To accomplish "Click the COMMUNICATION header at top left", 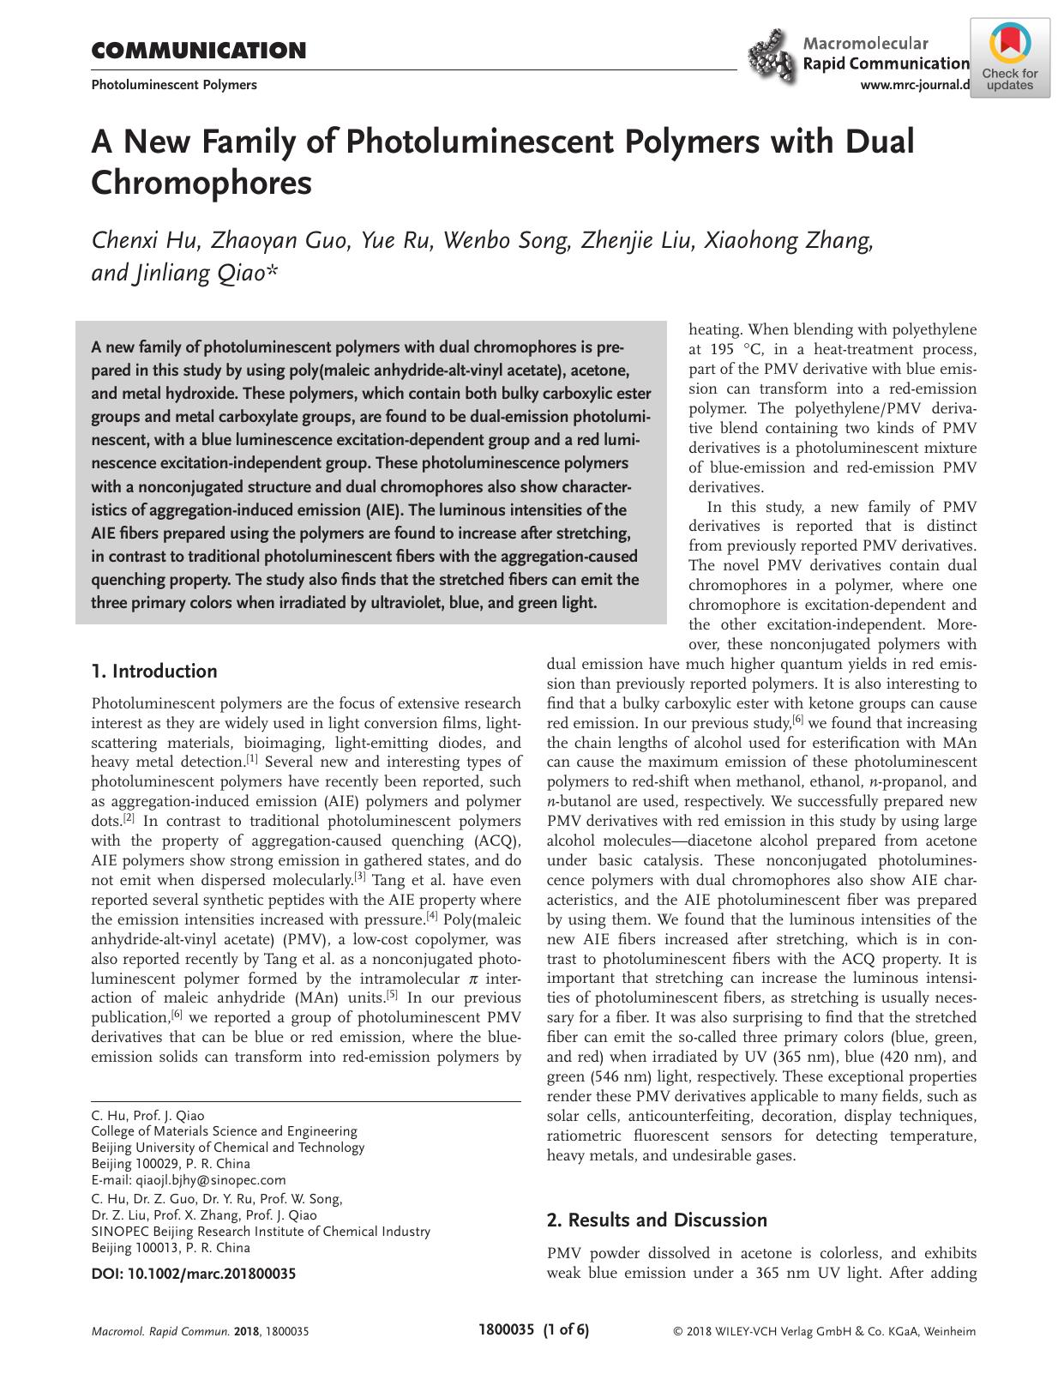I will point(198,51).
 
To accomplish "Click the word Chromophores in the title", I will point(201,182).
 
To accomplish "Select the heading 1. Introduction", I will point(154,671).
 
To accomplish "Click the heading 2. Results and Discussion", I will point(657,1220).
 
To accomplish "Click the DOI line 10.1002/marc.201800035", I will point(193,1274).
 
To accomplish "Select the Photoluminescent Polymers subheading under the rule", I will point(174,85).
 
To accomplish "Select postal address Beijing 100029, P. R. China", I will point(171,1164).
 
